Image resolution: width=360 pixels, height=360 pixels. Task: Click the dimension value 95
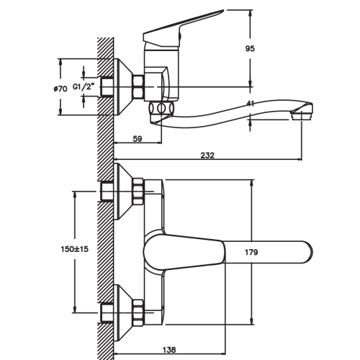point(250,49)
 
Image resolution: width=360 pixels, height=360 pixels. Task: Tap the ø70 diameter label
point(60,89)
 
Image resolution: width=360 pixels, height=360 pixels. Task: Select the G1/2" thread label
point(83,87)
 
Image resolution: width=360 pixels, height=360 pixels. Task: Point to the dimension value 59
point(138,139)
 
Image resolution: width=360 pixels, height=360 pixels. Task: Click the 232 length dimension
point(207,156)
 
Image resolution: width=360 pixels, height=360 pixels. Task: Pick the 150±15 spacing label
point(75,249)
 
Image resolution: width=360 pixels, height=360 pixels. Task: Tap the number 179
point(251,252)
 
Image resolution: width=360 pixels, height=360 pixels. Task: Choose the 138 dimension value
point(169,350)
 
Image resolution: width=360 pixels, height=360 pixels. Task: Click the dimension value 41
point(251,104)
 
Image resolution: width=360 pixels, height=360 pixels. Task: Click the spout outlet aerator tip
point(302,117)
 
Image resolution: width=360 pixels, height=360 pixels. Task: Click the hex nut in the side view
point(138,86)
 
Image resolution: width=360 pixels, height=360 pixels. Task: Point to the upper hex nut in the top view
point(138,192)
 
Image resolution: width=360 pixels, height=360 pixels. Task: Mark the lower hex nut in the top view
point(138,312)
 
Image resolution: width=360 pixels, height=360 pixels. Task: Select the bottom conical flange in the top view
point(123,312)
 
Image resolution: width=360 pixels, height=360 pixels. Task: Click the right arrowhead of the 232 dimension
point(300,159)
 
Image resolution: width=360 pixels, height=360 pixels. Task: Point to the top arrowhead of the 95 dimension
point(251,12)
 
